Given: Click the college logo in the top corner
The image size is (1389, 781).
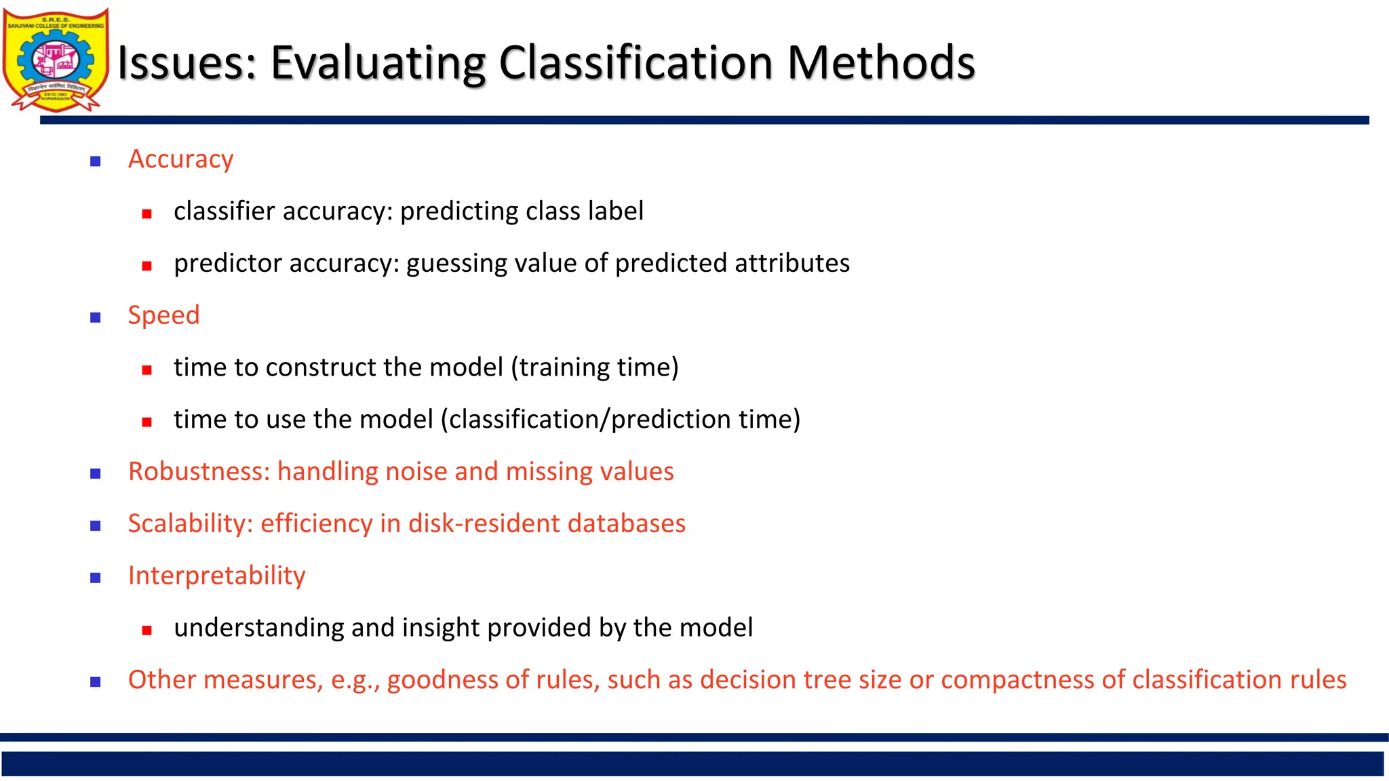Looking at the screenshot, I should point(56,60).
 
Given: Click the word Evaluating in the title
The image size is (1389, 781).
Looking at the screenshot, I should point(378,63).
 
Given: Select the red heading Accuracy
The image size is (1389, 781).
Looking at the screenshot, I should point(180,159).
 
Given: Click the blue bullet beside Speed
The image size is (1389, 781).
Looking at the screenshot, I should point(96,317).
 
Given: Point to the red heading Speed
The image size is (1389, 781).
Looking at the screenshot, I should point(163,315).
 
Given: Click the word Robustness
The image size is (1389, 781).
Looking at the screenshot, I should point(198,471).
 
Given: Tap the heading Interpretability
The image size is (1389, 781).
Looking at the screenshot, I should point(216,576).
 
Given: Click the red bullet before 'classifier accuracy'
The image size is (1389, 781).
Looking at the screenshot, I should point(146,214).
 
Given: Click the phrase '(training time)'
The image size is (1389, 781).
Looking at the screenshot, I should point(594,367).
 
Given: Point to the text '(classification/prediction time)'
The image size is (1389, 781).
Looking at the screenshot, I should point(621,420).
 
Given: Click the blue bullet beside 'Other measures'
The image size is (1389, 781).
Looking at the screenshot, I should point(96,682).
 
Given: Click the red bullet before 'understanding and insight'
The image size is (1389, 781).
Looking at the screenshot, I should point(146,630).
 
